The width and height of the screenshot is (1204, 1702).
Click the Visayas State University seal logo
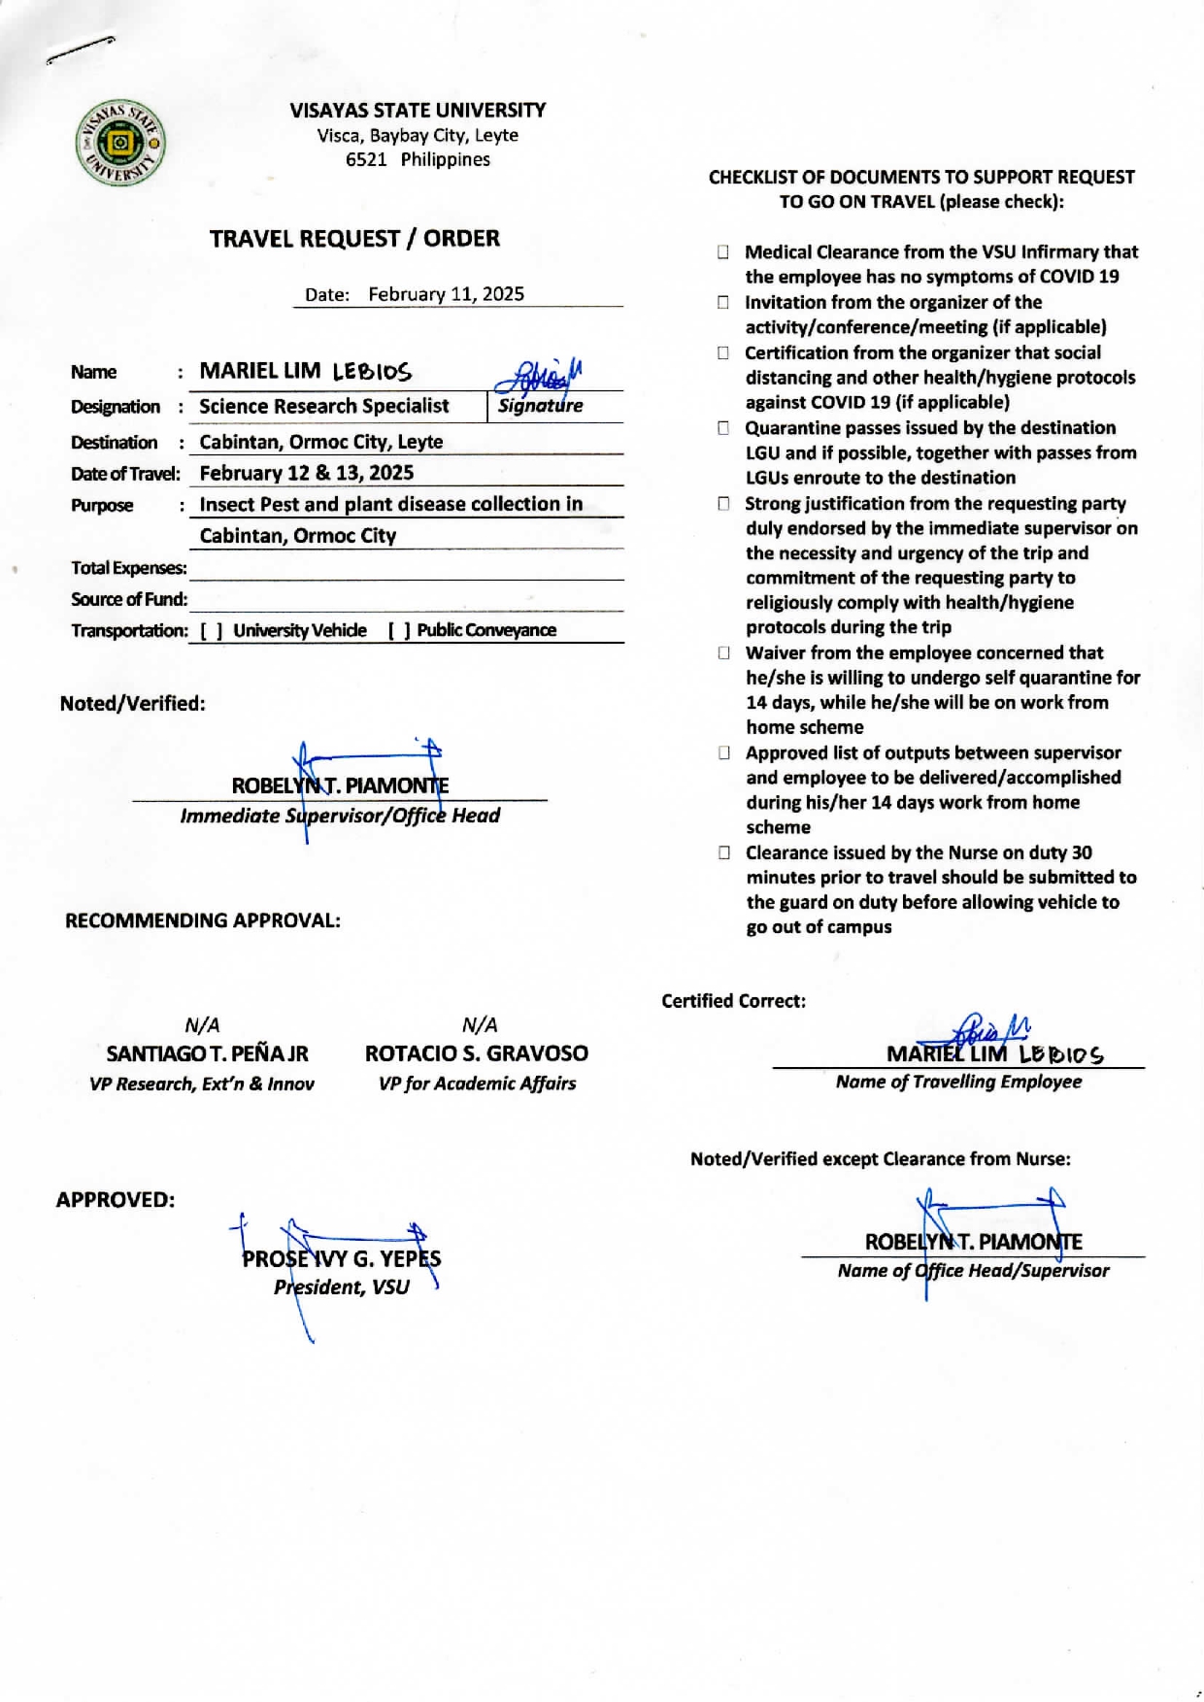pyautogui.click(x=120, y=144)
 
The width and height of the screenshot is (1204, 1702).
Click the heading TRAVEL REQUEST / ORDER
pyautogui.click(x=354, y=239)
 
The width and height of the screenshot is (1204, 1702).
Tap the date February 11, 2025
pyautogui.click(x=446, y=294)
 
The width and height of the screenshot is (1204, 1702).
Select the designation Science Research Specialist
pyautogui.click(x=324, y=406)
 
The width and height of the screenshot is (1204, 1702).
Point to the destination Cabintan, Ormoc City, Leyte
pyautogui.click(x=321, y=442)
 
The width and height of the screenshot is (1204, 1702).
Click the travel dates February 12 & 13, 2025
pyautogui.click(x=307, y=473)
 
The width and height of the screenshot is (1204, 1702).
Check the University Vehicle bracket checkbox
pyautogui.click(x=212, y=631)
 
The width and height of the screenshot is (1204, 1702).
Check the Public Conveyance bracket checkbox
pyautogui.click(x=399, y=631)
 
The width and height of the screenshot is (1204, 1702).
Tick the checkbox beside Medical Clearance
pyautogui.click(x=723, y=252)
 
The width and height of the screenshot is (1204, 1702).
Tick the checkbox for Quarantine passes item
pyautogui.click(x=723, y=428)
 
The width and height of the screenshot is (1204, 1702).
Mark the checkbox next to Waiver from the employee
pyautogui.click(x=723, y=653)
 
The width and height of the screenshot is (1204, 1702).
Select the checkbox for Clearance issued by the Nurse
pyautogui.click(x=724, y=853)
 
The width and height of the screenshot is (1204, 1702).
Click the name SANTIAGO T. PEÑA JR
pyautogui.click(x=207, y=1053)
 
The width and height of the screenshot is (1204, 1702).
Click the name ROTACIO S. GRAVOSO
pyautogui.click(x=477, y=1053)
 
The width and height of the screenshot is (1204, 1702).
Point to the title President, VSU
pyautogui.click(x=342, y=1287)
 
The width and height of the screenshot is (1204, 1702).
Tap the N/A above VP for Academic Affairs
pyautogui.click(x=480, y=1025)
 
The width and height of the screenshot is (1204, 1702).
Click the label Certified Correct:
pyautogui.click(x=733, y=1001)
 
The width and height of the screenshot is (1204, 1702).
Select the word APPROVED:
pyautogui.click(x=116, y=1200)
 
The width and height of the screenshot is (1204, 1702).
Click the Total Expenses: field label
pyautogui.click(x=129, y=568)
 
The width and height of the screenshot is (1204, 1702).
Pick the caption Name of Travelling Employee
pyautogui.click(x=958, y=1082)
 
